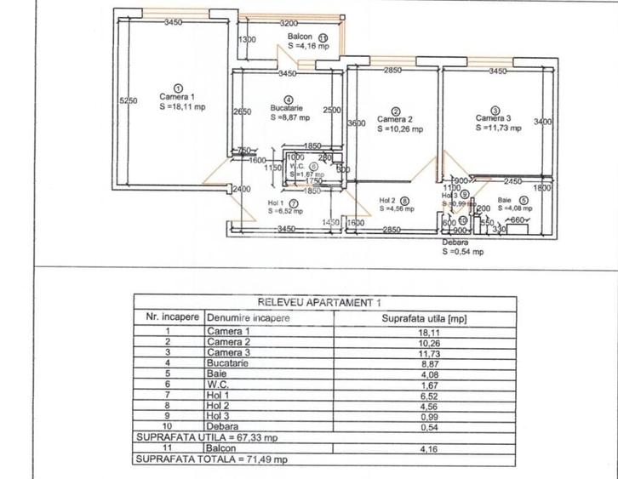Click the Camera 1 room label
point(176,97)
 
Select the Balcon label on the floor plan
point(299,37)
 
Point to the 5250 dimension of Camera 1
point(129,100)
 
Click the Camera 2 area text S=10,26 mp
point(397,129)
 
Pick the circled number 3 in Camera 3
point(495,109)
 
